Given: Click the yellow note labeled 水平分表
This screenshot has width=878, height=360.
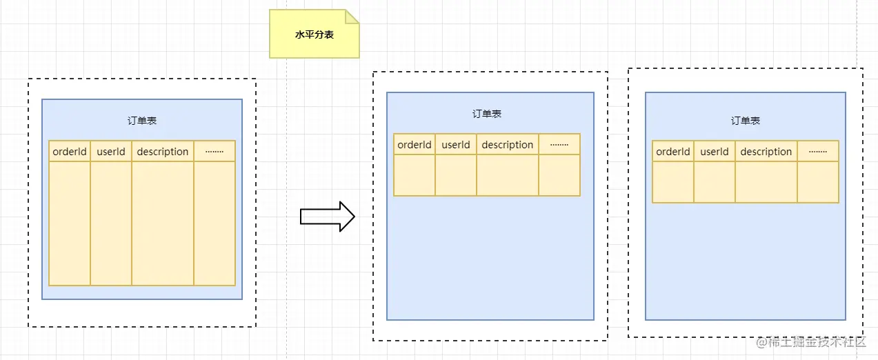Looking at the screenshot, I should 314,34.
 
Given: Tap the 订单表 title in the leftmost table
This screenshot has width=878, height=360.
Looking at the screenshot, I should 142,121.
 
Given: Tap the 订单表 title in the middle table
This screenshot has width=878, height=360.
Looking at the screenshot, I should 487,114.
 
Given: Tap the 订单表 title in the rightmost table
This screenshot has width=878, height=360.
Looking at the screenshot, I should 746,121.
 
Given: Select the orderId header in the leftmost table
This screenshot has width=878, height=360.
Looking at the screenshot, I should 70,151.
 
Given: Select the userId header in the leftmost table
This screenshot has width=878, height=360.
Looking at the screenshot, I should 111,151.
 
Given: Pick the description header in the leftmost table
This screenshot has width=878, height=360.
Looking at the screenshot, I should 163,151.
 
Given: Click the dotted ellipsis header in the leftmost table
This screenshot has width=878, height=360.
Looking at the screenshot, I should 214,151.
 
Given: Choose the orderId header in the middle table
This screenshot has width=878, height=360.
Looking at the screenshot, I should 415,144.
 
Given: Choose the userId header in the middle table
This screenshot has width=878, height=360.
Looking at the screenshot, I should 456,144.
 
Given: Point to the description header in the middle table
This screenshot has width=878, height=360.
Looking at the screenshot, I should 508,144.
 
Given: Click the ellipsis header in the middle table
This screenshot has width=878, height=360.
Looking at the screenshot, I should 559,144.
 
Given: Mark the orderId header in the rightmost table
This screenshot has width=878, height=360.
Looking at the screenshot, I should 673,151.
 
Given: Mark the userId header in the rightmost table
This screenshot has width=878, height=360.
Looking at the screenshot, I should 715,151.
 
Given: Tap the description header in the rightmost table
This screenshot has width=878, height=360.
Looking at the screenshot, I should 766,151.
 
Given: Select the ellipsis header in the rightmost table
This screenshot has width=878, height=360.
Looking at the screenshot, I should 818,151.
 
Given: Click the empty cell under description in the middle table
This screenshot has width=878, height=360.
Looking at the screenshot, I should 508,175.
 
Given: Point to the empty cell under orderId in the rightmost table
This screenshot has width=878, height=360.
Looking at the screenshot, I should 673,182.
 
